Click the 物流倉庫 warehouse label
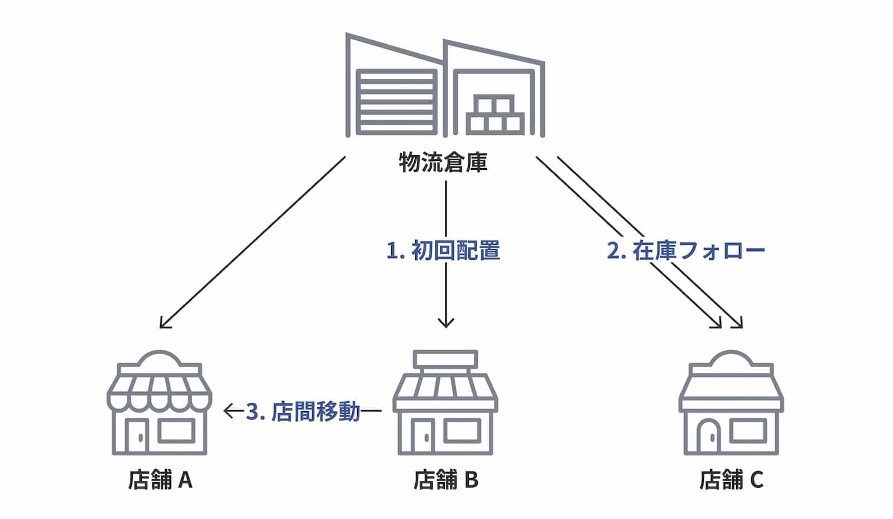[x=443, y=163]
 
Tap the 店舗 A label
[x=160, y=479]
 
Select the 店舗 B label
[x=446, y=479]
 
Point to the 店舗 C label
[x=731, y=479]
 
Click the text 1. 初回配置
[x=443, y=251]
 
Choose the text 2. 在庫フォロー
[x=686, y=251]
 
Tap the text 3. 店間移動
[x=303, y=412]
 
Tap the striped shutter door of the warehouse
[x=396, y=102]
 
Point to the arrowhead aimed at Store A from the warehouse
[x=164, y=323]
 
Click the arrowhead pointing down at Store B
[x=445, y=322]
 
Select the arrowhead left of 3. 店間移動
[x=229, y=412]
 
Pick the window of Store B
[x=462, y=430]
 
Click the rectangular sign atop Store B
[x=445, y=358]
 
